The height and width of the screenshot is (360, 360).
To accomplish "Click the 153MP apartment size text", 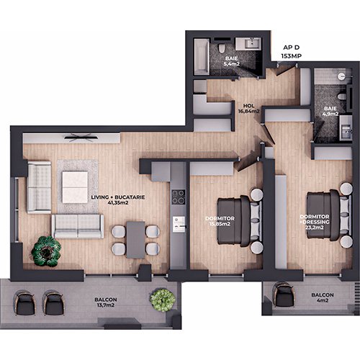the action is point(292,56).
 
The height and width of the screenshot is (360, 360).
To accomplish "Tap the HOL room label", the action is point(248,106).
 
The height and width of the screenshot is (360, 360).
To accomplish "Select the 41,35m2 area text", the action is point(118,203).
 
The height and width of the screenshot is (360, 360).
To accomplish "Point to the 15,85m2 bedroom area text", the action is point(220,224).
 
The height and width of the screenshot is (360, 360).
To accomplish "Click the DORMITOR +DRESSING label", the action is point(315,220).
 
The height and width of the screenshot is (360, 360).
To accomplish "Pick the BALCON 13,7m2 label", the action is point(106,302).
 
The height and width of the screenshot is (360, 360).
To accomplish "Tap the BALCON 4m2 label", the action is point(323,297).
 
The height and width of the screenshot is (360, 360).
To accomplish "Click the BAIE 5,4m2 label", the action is point(231,61).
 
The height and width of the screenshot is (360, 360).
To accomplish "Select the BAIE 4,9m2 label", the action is point(330,111).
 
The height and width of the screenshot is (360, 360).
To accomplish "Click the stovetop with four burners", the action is point(179,197).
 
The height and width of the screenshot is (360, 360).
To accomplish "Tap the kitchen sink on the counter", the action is point(179,224).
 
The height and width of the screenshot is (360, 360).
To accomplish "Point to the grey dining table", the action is point(135,240).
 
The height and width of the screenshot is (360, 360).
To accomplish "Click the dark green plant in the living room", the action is point(46,251).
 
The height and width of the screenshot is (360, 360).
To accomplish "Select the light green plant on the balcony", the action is point(163,300).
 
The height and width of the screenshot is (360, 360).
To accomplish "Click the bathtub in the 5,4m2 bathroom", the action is point(202,57).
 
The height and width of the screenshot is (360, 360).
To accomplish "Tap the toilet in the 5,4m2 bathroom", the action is point(221,48).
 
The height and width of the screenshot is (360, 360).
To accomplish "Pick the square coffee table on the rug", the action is point(75,187).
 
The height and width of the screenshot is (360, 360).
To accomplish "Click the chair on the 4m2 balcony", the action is point(283,295).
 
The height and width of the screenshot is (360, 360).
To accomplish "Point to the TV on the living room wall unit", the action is point(81,138).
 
